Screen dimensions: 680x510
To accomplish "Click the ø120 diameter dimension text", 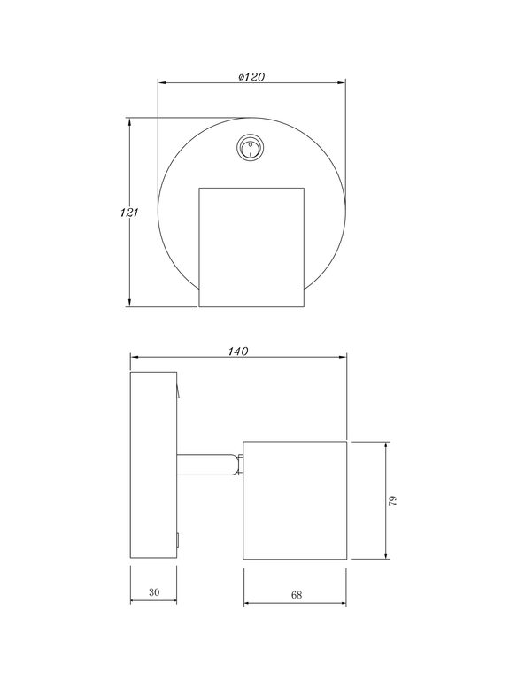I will coord(252,76).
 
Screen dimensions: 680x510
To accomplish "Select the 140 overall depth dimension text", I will coord(236,351).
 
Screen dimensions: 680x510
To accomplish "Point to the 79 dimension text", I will coord(393,501).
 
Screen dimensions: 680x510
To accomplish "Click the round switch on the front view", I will coord(251,148).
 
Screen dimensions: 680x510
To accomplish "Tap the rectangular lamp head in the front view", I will coord(251,247).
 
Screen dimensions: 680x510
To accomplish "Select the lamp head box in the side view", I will coord(295,500).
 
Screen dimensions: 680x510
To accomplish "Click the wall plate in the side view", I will coord(154,466).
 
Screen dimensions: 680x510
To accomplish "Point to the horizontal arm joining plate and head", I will coord(208,466).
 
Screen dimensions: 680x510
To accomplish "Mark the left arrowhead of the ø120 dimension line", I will coord(161,82).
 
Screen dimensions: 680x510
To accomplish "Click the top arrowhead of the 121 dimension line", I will coord(130,121).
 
